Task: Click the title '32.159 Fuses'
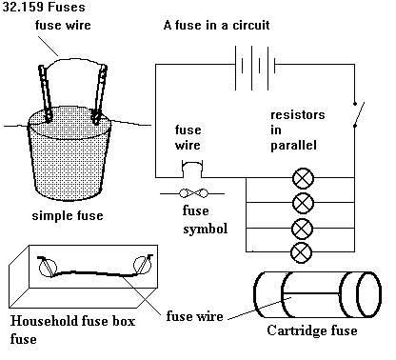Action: (44, 7)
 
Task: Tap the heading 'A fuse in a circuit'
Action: (216, 25)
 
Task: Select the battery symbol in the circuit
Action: (255, 68)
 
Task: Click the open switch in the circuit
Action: (359, 114)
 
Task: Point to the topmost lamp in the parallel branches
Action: (303, 178)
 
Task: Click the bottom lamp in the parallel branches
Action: (302, 252)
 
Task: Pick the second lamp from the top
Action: (303, 203)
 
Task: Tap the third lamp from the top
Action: (303, 229)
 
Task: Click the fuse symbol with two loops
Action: (193, 193)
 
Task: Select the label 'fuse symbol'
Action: (205, 220)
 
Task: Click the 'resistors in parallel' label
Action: (298, 130)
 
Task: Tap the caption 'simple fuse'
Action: (68, 215)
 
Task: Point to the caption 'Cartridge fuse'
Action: (312, 330)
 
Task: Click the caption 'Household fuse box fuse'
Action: (72, 330)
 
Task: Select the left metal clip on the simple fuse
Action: (45, 93)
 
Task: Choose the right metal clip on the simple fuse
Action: (99, 94)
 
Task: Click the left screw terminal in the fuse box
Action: (48, 267)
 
